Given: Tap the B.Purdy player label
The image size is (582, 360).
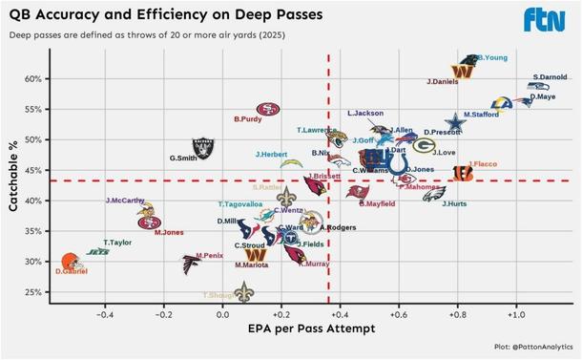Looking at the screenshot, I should click(247, 119).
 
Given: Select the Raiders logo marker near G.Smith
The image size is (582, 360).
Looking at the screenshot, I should click(203, 147).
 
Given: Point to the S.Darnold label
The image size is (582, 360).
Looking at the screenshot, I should click(550, 77).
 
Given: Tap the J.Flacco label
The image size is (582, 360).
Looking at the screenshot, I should click(481, 163).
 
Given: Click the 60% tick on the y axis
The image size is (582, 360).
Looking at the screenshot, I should click(33, 79).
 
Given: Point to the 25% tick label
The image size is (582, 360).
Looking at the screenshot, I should click(33, 292).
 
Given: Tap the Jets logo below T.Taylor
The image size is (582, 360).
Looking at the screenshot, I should click(98, 252).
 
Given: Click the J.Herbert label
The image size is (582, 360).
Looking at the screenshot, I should click(271, 154).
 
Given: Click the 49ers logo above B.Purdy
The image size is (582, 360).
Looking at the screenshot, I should click(269, 110).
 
